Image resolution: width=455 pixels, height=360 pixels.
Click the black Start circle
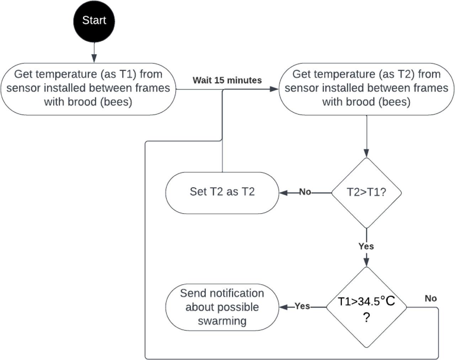tap(94, 21)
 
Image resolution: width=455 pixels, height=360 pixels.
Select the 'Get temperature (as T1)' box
tap(88, 88)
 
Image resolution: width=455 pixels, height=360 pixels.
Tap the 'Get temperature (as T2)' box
tap(366, 88)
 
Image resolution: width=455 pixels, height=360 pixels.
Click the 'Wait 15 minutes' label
tap(227, 80)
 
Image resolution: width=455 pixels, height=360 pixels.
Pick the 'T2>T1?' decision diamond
tap(366, 193)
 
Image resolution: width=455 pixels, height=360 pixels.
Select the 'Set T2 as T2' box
tap(222, 192)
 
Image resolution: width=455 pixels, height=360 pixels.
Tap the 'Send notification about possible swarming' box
tap(222, 307)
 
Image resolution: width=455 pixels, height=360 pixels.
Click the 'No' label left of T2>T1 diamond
tap(305, 192)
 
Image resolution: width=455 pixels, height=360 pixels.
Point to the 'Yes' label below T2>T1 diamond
tap(366, 246)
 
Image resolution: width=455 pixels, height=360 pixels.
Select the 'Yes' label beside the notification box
tap(303, 306)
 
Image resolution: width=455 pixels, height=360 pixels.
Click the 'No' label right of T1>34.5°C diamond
tap(430, 298)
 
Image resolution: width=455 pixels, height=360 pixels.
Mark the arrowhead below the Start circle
tap(94, 58)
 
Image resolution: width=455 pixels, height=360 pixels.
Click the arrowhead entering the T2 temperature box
tap(274, 89)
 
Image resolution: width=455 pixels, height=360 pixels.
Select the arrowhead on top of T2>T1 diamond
tap(366, 153)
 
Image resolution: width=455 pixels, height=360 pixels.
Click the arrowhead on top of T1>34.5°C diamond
tap(366, 263)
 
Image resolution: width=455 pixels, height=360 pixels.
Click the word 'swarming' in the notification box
tap(222, 321)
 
